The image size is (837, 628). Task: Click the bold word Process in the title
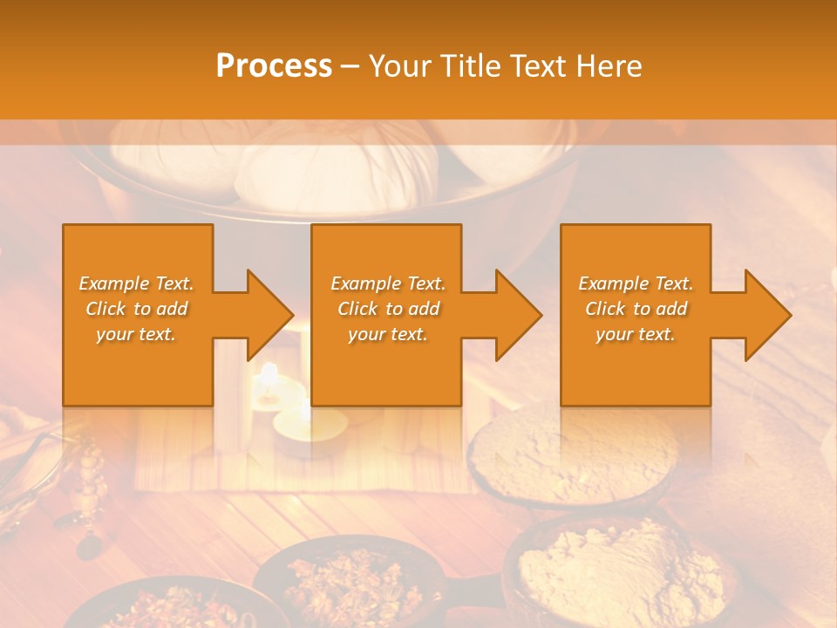[274, 66]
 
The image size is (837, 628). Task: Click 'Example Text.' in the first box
[137, 283]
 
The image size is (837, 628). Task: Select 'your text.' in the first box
[137, 334]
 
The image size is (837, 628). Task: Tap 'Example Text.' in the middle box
[388, 283]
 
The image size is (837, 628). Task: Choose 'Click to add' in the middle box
[388, 309]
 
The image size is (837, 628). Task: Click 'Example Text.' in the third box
[636, 283]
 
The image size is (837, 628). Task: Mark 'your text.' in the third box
[636, 334]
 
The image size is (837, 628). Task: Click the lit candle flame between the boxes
[269, 373]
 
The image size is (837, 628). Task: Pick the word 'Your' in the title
[402, 66]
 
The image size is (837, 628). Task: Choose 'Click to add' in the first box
[137, 309]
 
